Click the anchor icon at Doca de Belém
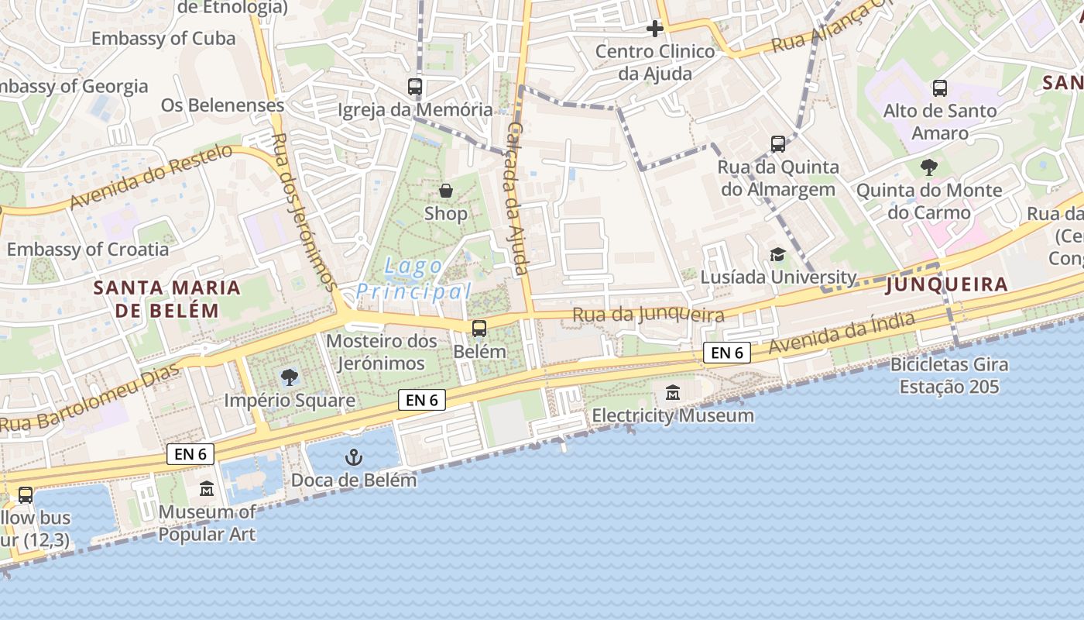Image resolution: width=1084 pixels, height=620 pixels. point(353,457)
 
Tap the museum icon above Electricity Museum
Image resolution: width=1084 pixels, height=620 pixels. point(672,393)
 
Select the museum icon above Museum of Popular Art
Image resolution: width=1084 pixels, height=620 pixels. point(207,489)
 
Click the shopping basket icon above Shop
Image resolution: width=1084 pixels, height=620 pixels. point(446,190)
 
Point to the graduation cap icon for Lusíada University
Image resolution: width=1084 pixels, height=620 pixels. point(777,254)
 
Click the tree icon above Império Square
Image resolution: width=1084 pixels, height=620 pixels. point(290,377)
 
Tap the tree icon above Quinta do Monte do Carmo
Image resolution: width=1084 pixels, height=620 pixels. point(928,167)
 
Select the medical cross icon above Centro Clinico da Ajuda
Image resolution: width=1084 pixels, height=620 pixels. point(655,29)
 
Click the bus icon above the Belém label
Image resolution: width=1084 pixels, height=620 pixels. point(479,329)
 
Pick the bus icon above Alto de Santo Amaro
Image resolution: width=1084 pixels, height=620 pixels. point(940,88)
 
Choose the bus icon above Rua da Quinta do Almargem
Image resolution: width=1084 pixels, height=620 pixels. point(778,144)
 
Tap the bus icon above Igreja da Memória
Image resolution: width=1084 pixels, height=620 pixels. point(415,87)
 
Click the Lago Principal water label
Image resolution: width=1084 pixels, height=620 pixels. point(413,279)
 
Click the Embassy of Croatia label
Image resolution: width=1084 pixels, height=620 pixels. point(87,249)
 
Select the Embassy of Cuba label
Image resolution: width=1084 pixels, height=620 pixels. point(163,38)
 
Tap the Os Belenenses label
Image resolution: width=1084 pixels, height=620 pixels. point(223,105)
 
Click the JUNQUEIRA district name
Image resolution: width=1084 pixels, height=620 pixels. point(947,284)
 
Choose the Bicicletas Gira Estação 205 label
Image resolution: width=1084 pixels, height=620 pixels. point(949,375)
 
